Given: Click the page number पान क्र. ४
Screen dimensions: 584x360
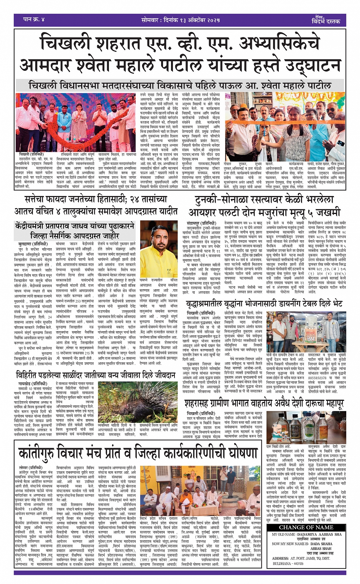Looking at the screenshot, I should click(x=34, y=19).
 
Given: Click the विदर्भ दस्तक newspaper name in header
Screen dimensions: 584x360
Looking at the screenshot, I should click(x=326, y=21).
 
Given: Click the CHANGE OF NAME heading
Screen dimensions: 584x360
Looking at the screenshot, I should click(x=306, y=527).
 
